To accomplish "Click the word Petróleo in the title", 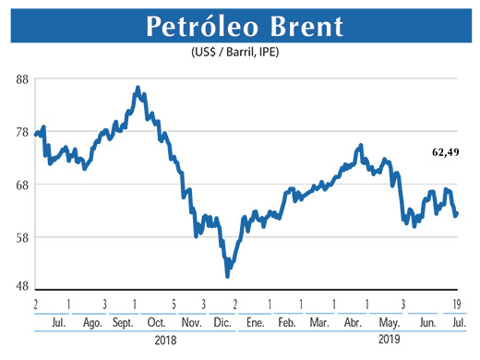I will pos(188,28).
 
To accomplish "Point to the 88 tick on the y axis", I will pos(22,80).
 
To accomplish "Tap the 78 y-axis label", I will pos(22,132).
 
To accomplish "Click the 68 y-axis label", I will pos(22,185).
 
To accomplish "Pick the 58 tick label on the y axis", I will pos(22,237).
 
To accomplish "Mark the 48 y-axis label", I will pos(22,286).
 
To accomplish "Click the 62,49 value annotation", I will pos(445,150).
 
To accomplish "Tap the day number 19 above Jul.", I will pos(457,304).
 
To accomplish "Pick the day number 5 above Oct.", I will pos(173,304).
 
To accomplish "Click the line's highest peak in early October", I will pos(138,88).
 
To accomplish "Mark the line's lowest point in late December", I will pos(227,276).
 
